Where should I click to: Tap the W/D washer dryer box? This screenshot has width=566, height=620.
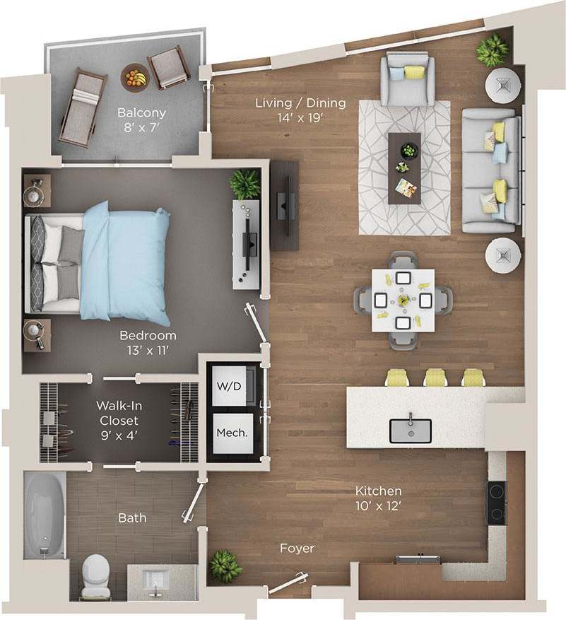point(228,386)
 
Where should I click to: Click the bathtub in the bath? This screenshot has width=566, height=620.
point(45,515)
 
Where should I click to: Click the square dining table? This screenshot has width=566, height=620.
point(403,300)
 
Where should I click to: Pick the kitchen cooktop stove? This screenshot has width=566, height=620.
point(497,501)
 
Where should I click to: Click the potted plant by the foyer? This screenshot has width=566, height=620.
point(225,566)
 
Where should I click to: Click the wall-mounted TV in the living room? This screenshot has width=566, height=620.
point(284,204)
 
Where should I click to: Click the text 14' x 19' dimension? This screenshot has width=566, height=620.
point(300,117)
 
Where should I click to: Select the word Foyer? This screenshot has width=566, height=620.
point(297,548)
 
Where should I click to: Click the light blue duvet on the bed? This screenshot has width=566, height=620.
point(127,262)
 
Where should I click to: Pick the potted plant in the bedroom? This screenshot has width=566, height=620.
point(244,184)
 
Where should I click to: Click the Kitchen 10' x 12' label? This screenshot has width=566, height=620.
point(379,498)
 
